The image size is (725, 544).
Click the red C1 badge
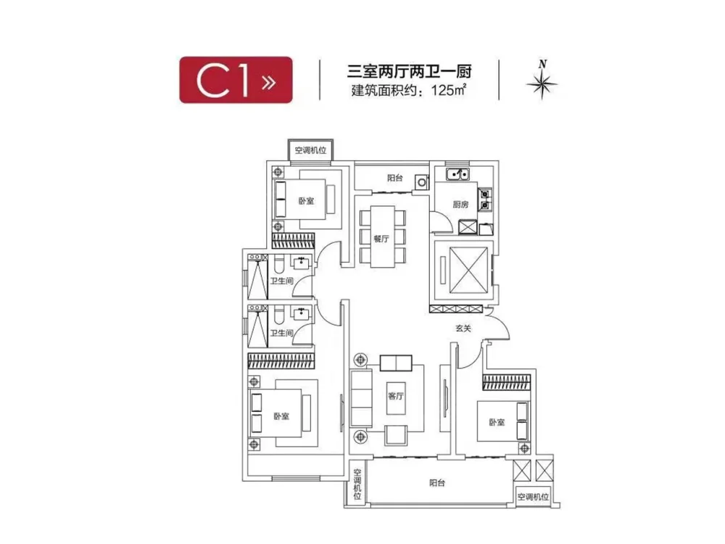[x=236, y=80]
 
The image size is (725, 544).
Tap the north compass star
[x=542, y=83]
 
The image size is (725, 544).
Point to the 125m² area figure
[x=448, y=90]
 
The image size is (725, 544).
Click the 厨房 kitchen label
[x=460, y=205]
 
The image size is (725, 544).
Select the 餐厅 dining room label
[x=381, y=239]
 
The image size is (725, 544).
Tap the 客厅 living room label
[x=396, y=397]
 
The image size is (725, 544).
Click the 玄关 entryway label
[x=463, y=329]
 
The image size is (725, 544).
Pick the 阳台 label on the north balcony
[x=395, y=178]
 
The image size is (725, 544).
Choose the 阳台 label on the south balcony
[x=437, y=483]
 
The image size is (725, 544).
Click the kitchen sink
[x=457, y=174]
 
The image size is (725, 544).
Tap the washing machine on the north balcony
[x=422, y=182]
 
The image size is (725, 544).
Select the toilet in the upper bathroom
[x=278, y=265]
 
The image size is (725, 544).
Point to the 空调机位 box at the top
[x=311, y=150]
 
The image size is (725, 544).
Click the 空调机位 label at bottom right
[x=533, y=497]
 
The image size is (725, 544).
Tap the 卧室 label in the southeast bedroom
[x=497, y=422]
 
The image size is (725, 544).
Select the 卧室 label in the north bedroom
[x=306, y=201]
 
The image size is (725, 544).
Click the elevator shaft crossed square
[x=468, y=270]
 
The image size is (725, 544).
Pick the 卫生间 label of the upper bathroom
[x=281, y=281]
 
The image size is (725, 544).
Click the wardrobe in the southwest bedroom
[x=281, y=360]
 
